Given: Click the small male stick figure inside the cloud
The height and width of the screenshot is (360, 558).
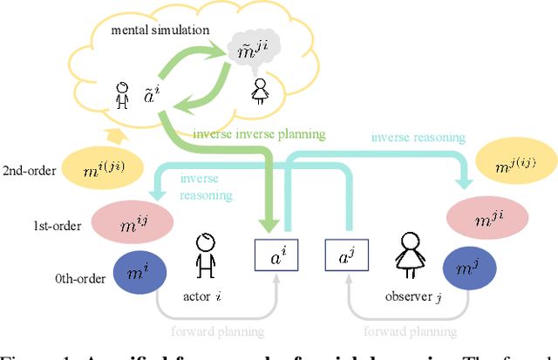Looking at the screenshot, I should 124,93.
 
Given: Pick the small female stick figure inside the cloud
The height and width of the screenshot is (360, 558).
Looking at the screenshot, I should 259,92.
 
